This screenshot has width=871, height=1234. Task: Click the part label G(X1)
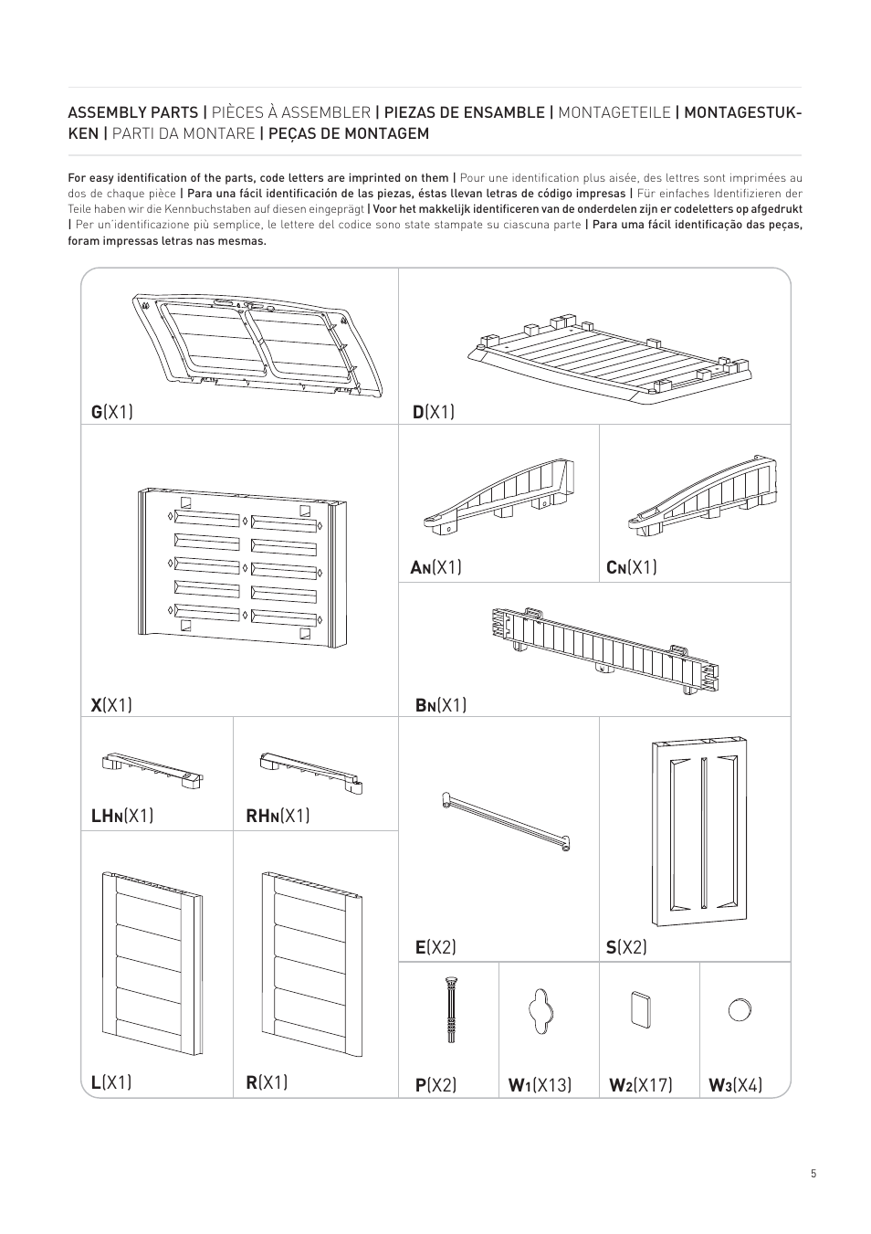(111, 412)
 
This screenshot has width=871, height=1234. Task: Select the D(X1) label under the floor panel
(434, 412)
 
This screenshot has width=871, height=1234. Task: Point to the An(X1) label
(435, 567)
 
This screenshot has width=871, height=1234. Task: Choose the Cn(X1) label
(632, 567)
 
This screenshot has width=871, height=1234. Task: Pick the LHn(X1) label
(122, 816)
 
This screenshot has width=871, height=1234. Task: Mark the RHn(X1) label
(278, 816)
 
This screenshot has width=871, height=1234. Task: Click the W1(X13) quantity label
(540, 1085)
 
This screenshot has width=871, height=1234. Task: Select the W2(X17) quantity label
(641, 1085)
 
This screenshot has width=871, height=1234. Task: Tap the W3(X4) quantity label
(736, 1085)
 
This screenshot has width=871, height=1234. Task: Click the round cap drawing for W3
(740, 1010)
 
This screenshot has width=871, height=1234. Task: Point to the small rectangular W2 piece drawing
(640, 1009)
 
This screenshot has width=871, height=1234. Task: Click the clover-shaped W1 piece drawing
(540, 1010)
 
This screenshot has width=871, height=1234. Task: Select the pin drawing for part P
(451, 1010)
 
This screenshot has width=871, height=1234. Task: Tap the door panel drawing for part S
(699, 832)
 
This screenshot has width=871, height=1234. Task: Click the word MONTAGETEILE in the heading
(614, 112)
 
